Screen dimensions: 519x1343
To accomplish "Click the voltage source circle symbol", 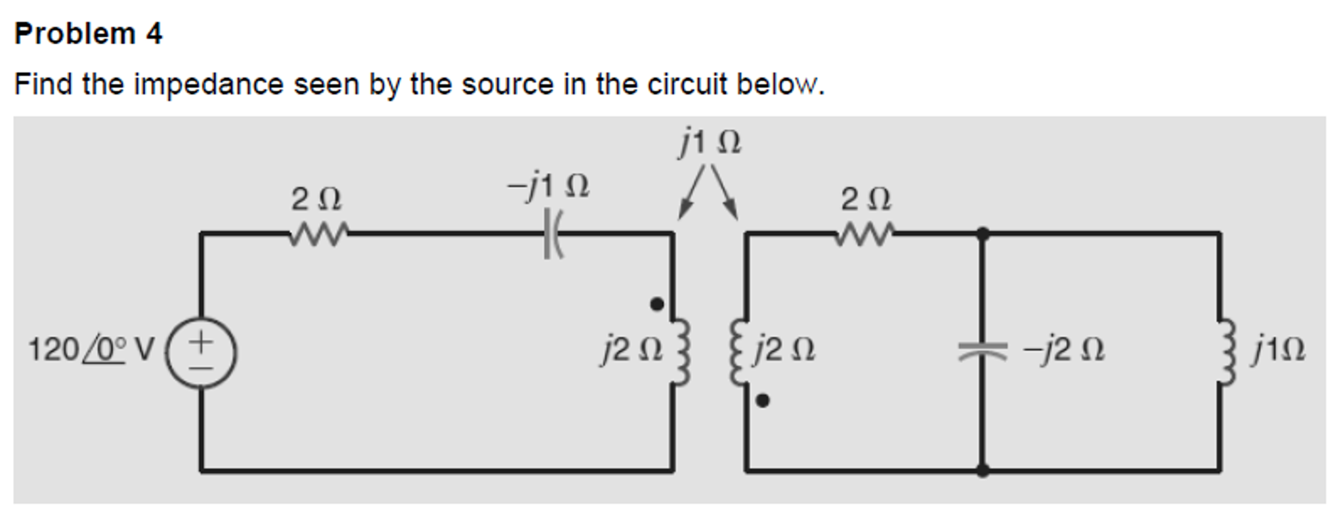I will (x=201, y=353).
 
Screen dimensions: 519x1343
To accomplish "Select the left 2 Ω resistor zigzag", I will (x=318, y=234).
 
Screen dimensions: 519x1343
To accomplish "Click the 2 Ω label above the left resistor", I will (x=316, y=199).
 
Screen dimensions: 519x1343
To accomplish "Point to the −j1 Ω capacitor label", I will (x=549, y=186).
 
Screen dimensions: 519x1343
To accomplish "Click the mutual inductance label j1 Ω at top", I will (x=710, y=142).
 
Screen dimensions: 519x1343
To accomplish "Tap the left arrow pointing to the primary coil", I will (x=691, y=196).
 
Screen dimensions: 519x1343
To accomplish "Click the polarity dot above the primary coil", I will (x=656, y=304).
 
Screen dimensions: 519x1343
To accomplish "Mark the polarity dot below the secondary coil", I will (x=762, y=400).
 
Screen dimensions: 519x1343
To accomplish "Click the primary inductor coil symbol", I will (x=680, y=352).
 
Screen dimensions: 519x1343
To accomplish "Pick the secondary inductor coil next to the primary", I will (x=738, y=352).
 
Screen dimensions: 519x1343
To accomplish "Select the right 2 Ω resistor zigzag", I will (x=865, y=234).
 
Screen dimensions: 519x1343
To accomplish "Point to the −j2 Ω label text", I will (x=1065, y=350).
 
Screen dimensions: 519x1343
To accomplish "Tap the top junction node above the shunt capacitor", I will (x=982, y=233).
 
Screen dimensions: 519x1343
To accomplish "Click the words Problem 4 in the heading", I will (x=89, y=34).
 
